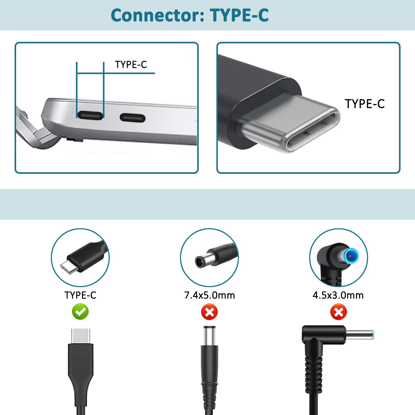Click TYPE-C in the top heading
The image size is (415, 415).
point(239,16)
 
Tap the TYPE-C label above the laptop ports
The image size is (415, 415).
point(131,65)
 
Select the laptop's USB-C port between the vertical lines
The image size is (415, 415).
point(90,115)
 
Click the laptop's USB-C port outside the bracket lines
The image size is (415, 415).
point(132,118)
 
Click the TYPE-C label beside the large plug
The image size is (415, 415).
point(364,104)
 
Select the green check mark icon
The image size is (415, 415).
point(80,312)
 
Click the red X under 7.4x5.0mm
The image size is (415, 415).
point(209,312)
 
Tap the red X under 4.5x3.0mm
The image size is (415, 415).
point(338,312)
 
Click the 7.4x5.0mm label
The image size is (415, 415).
point(209,295)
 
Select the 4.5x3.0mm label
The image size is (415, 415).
point(338,295)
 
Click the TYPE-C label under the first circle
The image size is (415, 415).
point(80,295)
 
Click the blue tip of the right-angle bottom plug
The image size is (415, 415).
point(373,335)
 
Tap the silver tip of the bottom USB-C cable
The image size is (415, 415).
point(80,335)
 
